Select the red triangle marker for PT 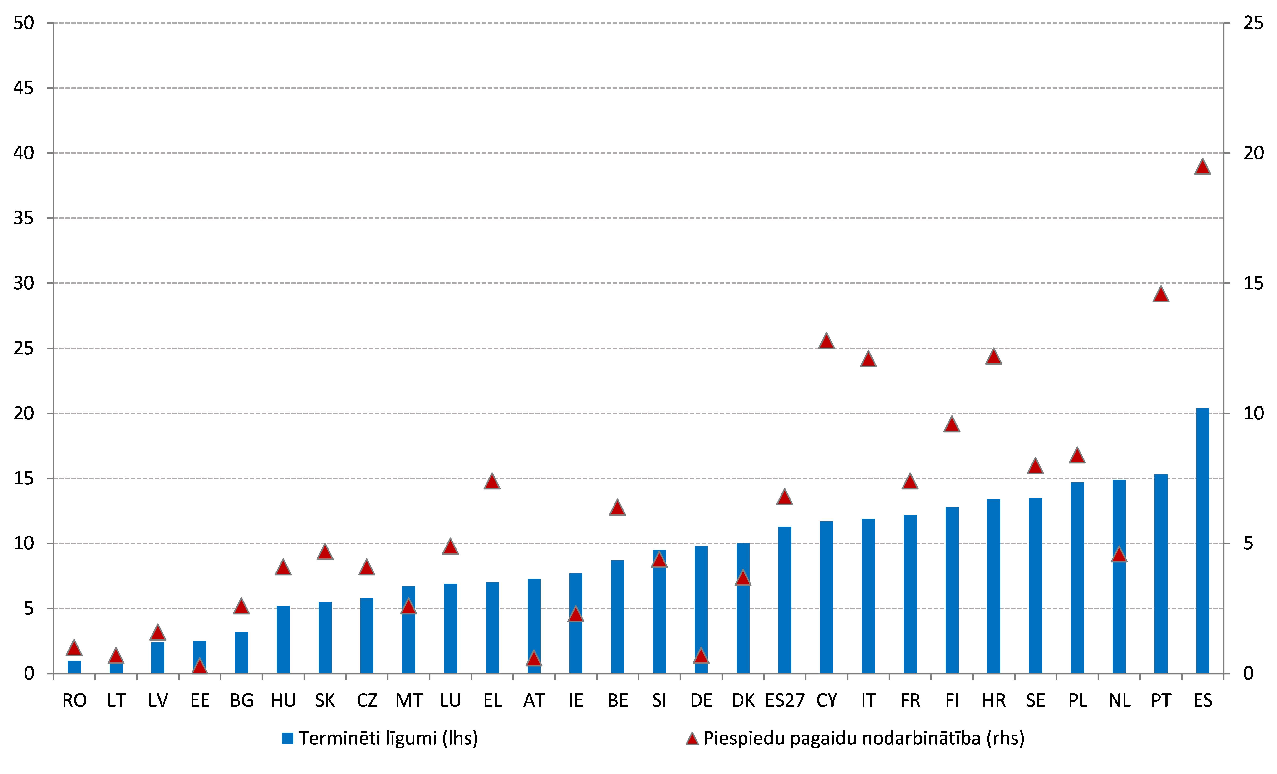(x=1161, y=294)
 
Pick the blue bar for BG (x=241, y=653)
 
